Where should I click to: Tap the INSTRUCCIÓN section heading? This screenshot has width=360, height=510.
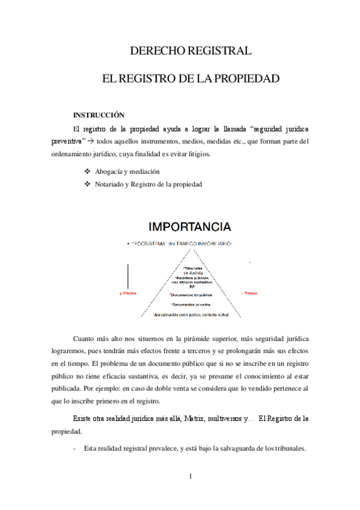99,114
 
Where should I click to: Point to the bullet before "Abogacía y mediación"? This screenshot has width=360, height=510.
87,171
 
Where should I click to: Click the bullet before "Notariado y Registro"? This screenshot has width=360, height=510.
87,184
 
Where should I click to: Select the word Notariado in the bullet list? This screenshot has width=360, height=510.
111,184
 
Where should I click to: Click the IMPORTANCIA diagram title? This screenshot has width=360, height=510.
190,227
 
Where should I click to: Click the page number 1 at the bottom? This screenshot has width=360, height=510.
190,477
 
